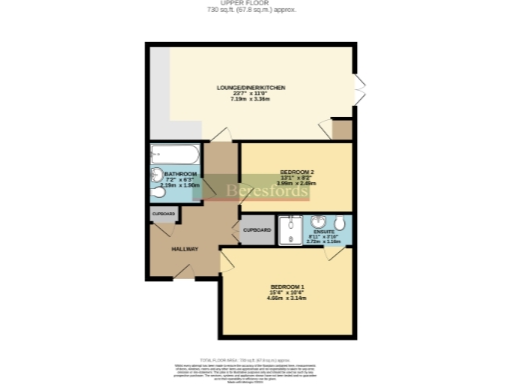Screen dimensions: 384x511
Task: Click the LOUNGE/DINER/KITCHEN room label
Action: (252, 89)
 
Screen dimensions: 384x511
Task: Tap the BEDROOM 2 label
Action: (296, 171)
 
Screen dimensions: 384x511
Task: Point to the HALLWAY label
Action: (184, 249)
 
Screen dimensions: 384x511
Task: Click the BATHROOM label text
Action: (181, 173)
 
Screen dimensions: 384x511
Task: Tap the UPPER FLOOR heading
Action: (255, 4)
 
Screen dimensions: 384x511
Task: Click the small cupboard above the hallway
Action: (163, 214)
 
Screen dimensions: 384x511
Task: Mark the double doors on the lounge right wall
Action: (360, 91)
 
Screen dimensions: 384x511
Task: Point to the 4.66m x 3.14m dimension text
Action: (285, 298)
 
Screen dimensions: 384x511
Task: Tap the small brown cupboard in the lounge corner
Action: (342, 131)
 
